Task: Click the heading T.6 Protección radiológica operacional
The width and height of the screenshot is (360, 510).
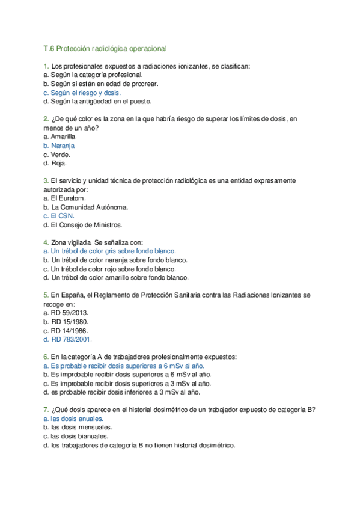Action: click(x=105, y=48)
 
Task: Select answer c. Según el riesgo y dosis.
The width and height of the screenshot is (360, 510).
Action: click(x=82, y=93)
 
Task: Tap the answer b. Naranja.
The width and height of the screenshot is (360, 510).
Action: click(x=59, y=146)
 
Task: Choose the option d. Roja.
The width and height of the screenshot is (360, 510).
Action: click(x=55, y=163)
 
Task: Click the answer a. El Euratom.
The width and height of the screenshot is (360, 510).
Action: click(x=65, y=198)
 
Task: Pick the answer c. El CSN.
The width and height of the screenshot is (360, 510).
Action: click(x=59, y=216)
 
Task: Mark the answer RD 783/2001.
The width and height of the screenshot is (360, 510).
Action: click(x=69, y=339)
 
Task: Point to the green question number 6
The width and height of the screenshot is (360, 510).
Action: click(x=46, y=357)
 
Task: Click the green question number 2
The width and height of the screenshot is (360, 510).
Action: click(x=46, y=119)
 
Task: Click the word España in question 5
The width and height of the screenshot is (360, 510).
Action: click(x=75, y=295)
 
